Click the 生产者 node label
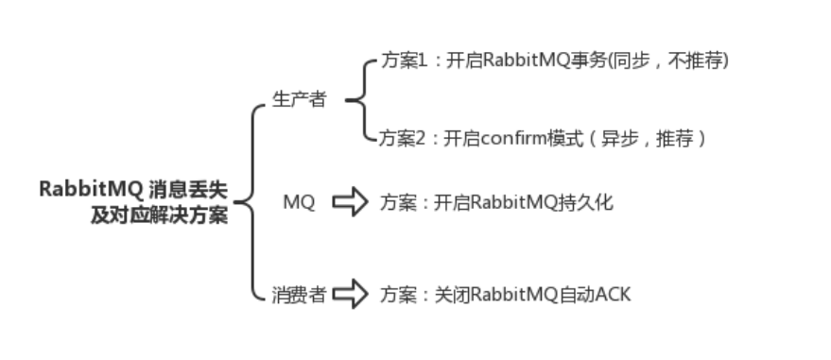299,99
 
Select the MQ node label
300,201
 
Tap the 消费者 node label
299,295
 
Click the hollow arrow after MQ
351,201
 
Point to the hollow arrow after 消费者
351,294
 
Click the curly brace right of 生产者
362,99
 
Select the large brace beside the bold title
252,202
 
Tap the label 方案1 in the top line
404,60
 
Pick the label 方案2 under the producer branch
402,139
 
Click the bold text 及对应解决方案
160,215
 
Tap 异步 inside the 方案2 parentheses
619,139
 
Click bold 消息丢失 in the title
188,189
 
